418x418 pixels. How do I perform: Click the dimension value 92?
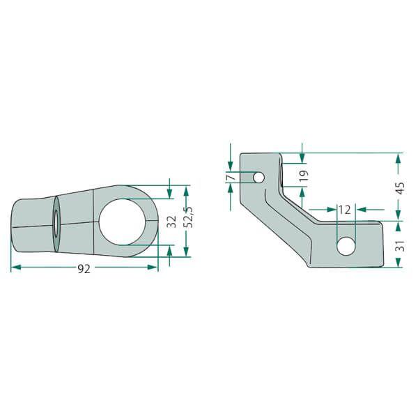(x=84, y=269)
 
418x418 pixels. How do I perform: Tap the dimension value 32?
(x=172, y=222)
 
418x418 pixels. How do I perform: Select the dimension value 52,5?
(x=189, y=217)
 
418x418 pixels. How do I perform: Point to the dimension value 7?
(x=231, y=177)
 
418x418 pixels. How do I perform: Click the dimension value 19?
(x=304, y=176)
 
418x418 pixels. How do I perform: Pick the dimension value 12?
(x=345, y=210)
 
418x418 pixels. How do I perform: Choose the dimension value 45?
(x=401, y=187)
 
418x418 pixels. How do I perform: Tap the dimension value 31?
(x=401, y=246)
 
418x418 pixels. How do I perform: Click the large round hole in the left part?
(x=123, y=222)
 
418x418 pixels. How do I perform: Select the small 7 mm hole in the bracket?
(x=258, y=177)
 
